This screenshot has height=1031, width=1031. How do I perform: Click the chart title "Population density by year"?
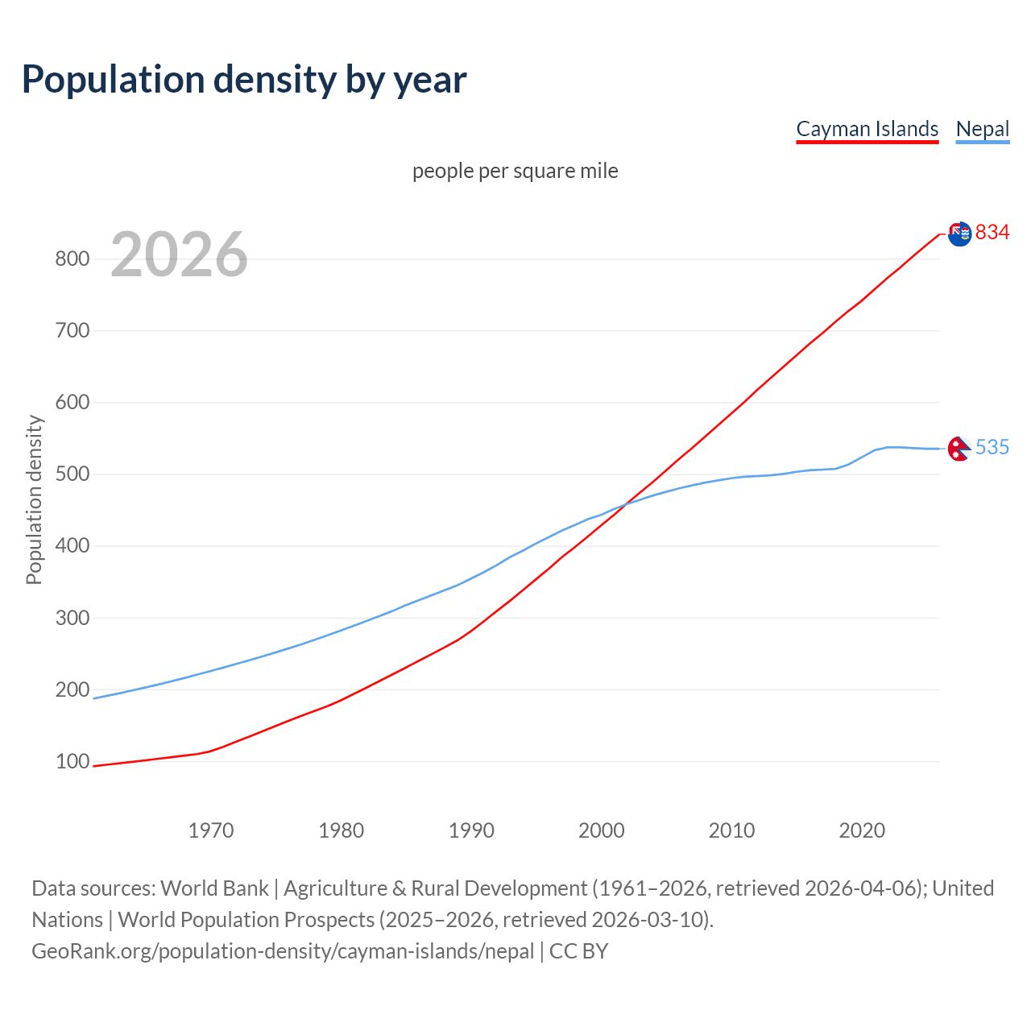click(244, 80)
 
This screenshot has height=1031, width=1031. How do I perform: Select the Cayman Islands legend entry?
click(867, 129)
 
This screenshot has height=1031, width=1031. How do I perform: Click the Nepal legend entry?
click(982, 129)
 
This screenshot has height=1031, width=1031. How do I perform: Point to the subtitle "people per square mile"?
click(515, 171)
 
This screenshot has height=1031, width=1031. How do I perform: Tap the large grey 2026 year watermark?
click(179, 255)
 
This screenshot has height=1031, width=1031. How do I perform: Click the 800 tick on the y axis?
click(72, 259)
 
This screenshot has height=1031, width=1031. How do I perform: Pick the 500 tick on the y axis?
click(72, 474)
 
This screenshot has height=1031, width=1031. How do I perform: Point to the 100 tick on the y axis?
click(72, 761)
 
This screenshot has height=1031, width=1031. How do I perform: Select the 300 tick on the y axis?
click(72, 618)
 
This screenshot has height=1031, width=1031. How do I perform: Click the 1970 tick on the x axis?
click(211, 830)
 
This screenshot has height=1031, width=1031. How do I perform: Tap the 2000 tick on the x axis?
click(602, 830)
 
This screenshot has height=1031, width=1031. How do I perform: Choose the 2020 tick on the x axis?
click(862, 830)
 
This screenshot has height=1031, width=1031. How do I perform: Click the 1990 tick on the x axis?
click(471, 830)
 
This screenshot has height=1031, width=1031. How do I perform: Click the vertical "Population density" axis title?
click(34, 499)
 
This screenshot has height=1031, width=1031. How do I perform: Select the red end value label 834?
click(992, 233)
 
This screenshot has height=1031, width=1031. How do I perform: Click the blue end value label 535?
click(992, 447)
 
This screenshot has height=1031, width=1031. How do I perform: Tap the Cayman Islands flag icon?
click(959, 234)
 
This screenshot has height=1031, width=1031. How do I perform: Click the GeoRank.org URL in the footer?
click(283, 951)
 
